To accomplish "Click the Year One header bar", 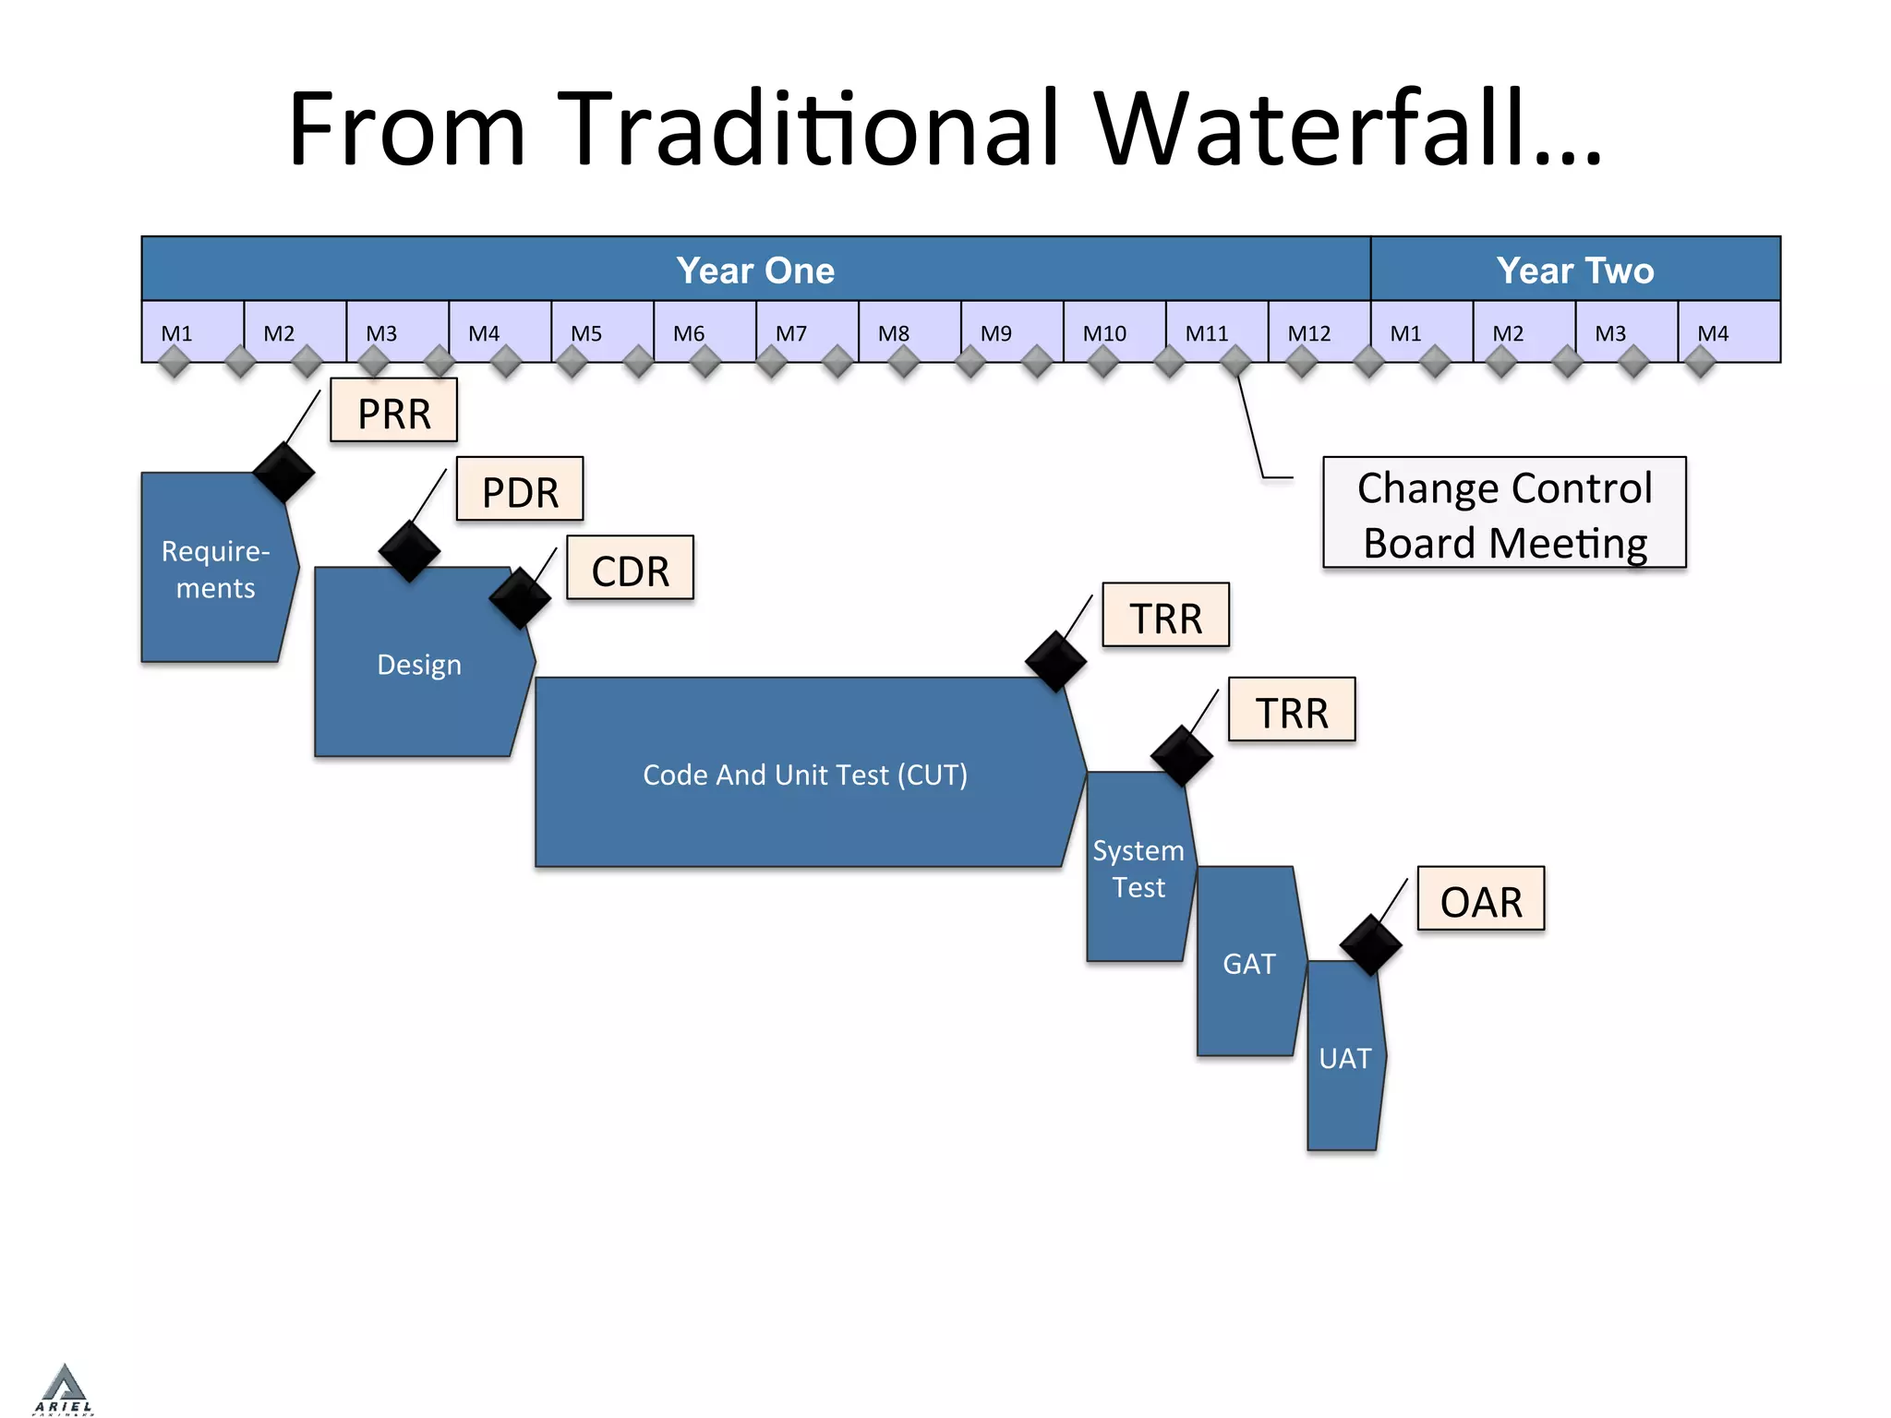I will pyautogui.click(x=755, y=270).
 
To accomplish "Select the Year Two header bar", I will pyautogui.click(x=1575, y=270).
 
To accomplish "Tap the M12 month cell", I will pyautogui.click(x=1319, y=331).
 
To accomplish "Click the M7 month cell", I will pyautogui.click(x=806, y=331).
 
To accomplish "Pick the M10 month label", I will pyautogui.click(x=1104, y=333).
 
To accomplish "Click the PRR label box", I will pyautogui.click(x=394, y=412).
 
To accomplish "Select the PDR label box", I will pyautogui.click(x=520, y=490).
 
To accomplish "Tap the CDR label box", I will pyautogui.click(x=630, y=570).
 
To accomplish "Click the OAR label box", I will pyautogui.click(x=1480, y=900).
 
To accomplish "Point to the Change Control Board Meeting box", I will pyautogui.click(x=1504, y=513).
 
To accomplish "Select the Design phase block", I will pyautogui.click(x=419, y=665).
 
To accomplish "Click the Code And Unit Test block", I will pyautogui.click(x=805, y=774).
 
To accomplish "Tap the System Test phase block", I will pyautogui.click(x=1138, y=868).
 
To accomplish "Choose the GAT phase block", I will pyautogui.click(x=1249, y=963).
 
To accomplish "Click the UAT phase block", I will pyautogui.click(x=1344, y=1057).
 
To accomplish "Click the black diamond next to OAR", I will pyautogui.click(x=1370, y=944).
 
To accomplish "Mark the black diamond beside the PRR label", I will pyautogui.click(x=283, y=473).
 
